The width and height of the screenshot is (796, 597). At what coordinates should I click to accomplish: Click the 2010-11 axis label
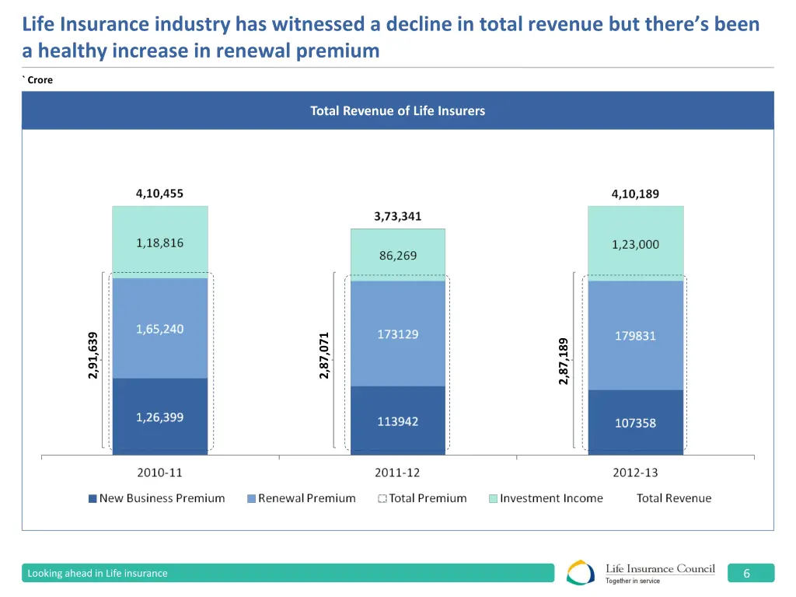pos(160,472)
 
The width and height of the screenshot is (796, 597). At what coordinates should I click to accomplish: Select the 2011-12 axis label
pos(397,472)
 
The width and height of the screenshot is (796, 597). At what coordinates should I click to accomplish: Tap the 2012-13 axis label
pos(635,472)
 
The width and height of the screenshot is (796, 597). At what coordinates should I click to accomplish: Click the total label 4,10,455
pos(160,194)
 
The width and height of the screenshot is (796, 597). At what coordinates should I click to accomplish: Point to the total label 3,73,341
pos(397,216)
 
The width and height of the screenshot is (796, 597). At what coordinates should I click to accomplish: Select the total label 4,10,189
pos(635,194)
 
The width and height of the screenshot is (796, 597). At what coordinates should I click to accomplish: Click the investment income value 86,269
pos(397,255)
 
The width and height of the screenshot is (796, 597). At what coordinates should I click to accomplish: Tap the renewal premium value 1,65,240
pos(160,329)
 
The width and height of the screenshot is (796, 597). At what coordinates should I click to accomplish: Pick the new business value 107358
pos(635,423)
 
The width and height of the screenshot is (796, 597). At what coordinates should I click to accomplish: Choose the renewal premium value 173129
pos(397,334)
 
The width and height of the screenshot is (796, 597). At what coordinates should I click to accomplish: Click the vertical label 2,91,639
pos(93,355)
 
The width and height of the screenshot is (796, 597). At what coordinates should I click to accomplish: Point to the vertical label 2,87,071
pos(325,355)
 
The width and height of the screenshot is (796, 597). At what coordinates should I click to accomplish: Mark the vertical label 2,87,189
pos(564,360)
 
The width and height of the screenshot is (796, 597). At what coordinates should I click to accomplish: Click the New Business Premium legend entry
pos(157,498)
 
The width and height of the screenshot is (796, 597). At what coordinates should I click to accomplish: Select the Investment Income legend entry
pos(546,498)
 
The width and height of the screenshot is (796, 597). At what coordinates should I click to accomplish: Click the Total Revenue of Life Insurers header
pos(397,110)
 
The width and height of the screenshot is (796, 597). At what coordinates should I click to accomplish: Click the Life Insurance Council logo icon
pos(581,573)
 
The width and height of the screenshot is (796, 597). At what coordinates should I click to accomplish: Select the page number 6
pos(746,574)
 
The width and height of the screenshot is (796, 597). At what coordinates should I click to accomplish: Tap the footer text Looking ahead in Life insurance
pos(97,574)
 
